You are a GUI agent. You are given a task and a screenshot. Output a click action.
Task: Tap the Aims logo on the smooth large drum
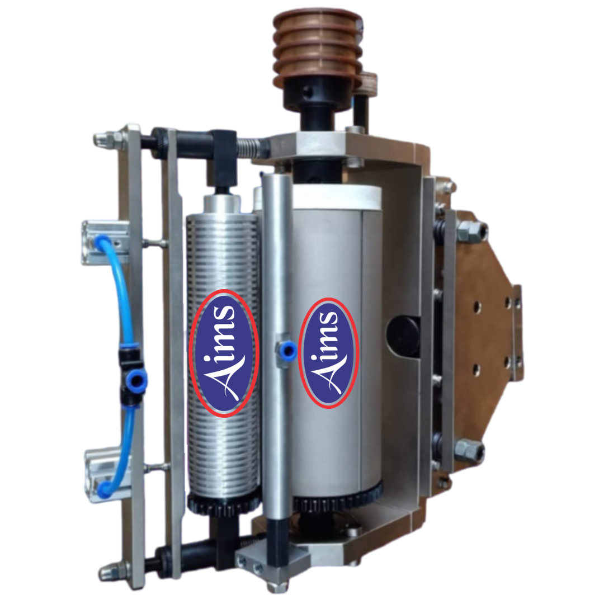pyautogui.click(x=329, y=353)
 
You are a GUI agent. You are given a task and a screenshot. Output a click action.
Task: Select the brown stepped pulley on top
pyautogui.click(x=318, y=49)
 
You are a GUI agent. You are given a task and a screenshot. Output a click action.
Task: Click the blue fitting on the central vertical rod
pyautogui.click(x=287, y=350)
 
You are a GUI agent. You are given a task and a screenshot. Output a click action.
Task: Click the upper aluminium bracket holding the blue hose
pyautogui.click(x=105, y=243)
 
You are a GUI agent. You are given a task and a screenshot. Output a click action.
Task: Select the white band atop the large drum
pyautogui.click(x=336, y=197)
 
